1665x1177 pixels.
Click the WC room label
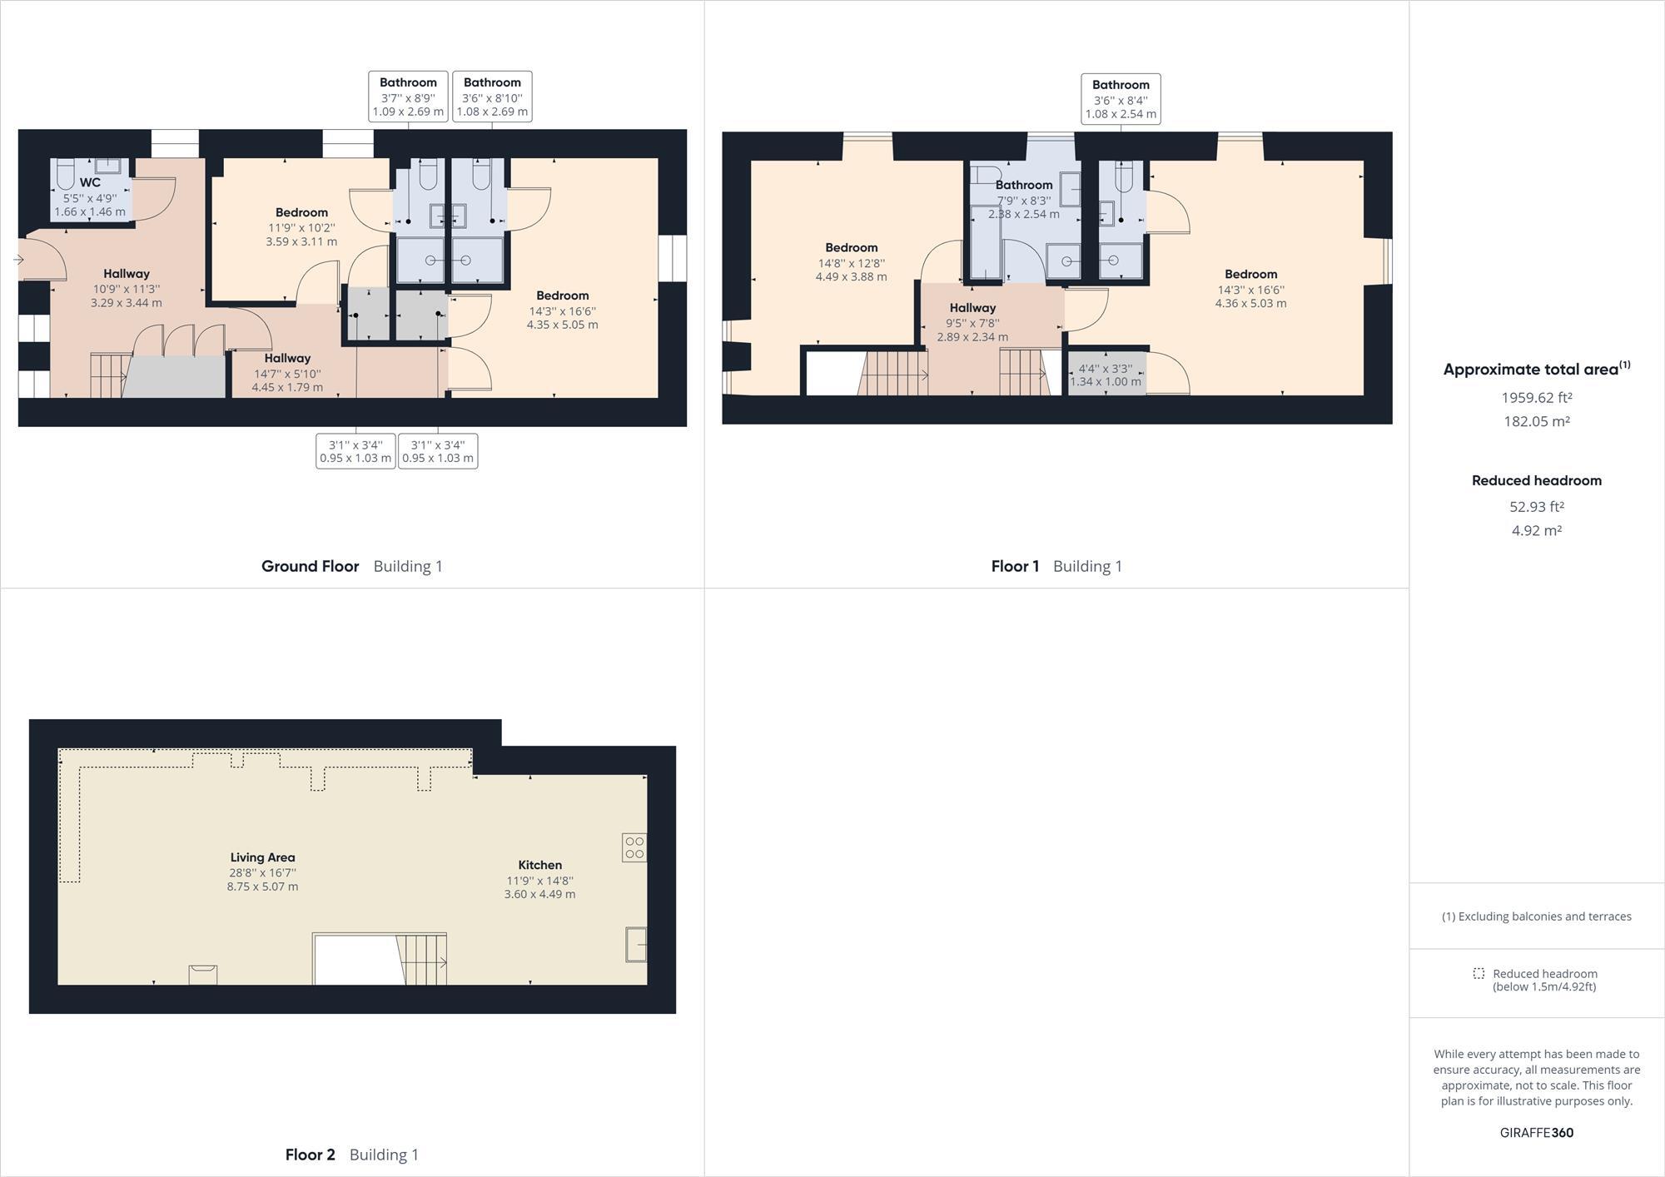90,183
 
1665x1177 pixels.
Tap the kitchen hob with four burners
634,847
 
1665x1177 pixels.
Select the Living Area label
262,857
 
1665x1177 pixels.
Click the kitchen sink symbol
636,945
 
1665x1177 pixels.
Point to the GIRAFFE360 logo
1536,1132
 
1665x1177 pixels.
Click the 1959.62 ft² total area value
1536,398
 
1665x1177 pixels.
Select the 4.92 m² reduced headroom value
1536,530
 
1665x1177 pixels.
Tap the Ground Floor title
310,566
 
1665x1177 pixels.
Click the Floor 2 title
310,1155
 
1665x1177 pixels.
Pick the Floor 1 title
1015,566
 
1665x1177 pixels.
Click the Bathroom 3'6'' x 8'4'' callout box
1121,99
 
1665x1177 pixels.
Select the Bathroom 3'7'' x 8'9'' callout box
408,97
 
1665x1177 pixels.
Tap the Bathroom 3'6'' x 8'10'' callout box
492,97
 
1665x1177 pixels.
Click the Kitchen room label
539,865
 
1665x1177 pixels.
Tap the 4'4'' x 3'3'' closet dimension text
1106,375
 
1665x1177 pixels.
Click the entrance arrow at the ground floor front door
18,260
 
